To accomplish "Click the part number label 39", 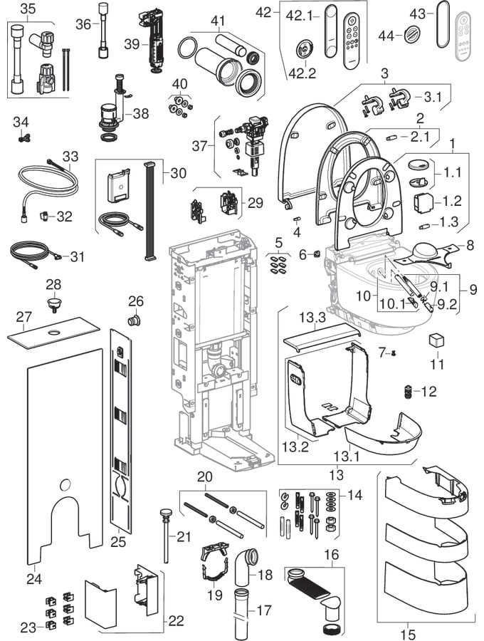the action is [132, 43].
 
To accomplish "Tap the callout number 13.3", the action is [312, 317].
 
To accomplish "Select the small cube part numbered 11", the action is [436, 340].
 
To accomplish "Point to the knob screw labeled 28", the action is [53, 303].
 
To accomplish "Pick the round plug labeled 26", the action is [135, 320].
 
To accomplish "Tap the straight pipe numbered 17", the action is [243, 613].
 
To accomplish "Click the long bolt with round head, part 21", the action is [166, 536].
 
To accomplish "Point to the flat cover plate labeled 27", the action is [53, 333].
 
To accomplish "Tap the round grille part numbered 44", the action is [411, 34].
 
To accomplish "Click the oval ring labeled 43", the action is [442, 24].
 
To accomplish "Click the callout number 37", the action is [200, 145].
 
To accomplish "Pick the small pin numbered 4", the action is [297, 219].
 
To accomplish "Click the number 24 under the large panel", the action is [34, 579].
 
